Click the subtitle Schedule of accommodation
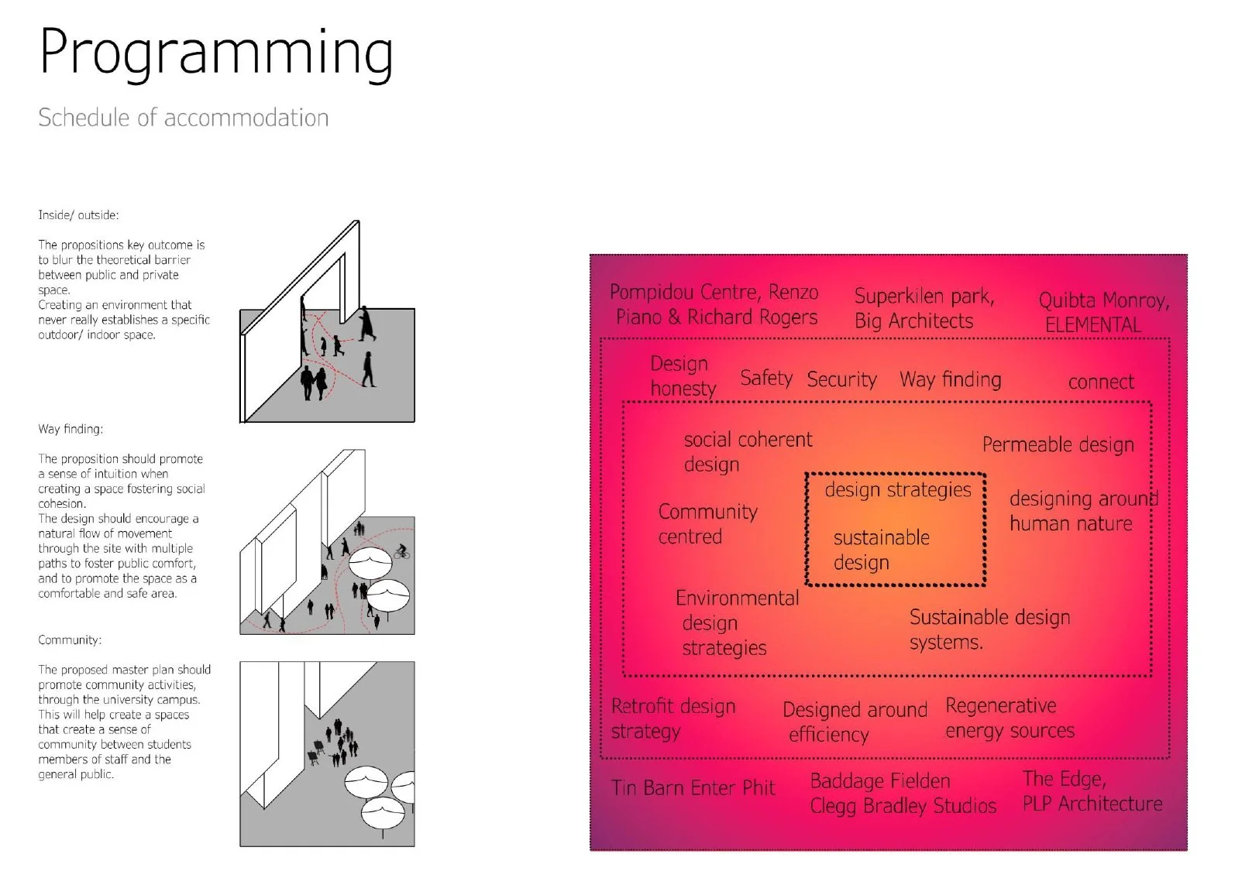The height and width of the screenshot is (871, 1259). tap(184, 118)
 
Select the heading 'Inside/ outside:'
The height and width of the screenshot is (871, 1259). tap(78, 215)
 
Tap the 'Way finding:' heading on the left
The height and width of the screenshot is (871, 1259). tap(71, 429)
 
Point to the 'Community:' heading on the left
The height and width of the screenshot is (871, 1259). tap(70, 640)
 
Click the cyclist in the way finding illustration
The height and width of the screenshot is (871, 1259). tap(401, 552)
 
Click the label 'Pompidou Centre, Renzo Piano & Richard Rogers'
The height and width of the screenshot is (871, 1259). tap(714, 304)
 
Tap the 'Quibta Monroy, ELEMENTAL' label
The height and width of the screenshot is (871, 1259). tap(1102, 312)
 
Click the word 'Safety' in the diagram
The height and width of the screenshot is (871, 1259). tap(765, 378)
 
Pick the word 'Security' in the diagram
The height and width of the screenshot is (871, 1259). tap(841, 379)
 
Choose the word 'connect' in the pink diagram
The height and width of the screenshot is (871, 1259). tap(1100, 382)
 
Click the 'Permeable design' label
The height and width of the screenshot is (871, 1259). tap(1058, 444)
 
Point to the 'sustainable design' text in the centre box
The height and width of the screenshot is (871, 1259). tap(881, 550)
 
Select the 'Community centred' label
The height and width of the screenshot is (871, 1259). tap(707, 524)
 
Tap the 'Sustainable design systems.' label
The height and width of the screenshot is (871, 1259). tap(989, 629)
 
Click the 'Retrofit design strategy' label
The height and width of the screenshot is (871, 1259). tap(672, 718)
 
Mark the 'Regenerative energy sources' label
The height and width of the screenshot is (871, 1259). tap(1009, 718)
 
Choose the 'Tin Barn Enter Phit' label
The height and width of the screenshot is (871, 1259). tap(693, 788)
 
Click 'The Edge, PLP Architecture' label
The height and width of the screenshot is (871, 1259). tap(1092, 791)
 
